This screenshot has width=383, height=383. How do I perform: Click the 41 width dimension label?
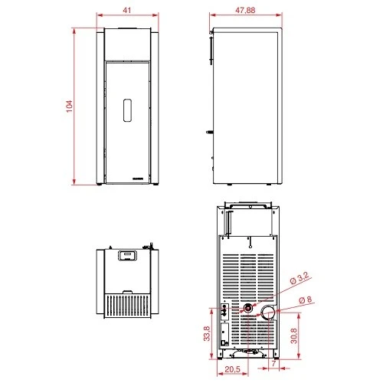coord(127,10)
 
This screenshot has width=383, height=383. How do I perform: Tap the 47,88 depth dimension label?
coord(245,10)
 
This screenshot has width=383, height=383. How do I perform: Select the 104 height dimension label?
coord(69,106)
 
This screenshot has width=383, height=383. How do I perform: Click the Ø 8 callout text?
coord(306,300)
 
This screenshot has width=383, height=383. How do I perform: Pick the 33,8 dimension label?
coord(207,333)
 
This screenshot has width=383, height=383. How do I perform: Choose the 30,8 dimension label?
coord(294,336)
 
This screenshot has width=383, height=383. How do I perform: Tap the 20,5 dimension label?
coord(232,369)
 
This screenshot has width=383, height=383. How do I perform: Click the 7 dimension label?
coord(274,363)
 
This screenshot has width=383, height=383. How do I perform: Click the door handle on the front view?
coord(127,110)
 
